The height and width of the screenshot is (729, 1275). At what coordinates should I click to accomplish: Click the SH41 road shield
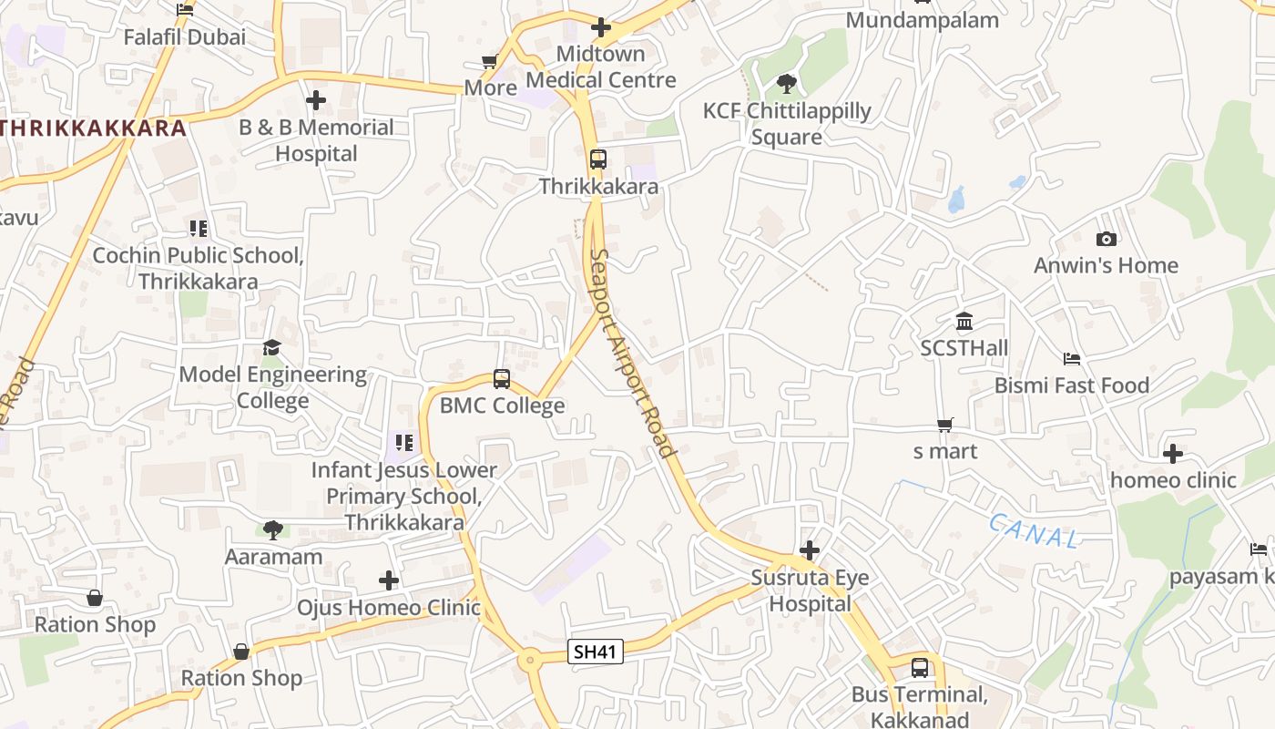point(596,652)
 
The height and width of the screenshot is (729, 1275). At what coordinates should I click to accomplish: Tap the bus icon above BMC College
point(501,378)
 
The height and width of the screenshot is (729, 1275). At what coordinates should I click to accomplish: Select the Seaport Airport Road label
point(632,353)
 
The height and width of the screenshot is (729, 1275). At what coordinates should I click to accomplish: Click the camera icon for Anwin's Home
point(1107,239)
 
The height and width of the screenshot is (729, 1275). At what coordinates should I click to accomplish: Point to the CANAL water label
point(1034,530)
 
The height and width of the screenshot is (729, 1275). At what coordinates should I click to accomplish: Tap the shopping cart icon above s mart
point(945,425)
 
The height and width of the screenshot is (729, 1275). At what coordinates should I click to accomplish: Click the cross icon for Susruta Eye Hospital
point(809,550)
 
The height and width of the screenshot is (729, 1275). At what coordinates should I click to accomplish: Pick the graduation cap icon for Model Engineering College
point(271,347)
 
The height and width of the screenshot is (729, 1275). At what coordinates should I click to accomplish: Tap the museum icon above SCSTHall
point(964,321)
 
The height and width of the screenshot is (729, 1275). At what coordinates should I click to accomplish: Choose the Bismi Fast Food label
point(1072,385)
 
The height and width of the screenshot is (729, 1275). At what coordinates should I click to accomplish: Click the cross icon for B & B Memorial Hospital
point(316,100)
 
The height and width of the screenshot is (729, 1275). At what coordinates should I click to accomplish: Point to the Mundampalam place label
point(923,20)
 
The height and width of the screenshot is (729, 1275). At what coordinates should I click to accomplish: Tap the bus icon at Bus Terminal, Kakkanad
point(920,668)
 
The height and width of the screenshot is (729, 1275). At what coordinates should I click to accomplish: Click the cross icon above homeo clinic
point(1173,453)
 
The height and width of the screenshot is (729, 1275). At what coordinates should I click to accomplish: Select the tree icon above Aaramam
point(272,529)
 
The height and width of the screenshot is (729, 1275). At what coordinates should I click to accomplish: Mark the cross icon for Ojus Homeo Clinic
point(389,580)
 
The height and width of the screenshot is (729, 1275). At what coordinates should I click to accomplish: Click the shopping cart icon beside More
point(489,62)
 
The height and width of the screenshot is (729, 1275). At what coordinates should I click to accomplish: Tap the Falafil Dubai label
point(185,37)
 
